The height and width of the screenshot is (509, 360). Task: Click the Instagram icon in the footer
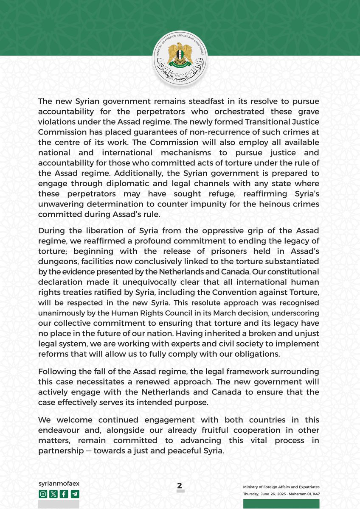click(x=43, y=494)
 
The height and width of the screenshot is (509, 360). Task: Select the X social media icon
click(x=53, y=494)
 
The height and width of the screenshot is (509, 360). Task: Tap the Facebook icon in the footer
click(x=64, y=494)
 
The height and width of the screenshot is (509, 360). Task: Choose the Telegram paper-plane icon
click(x=75, y=494)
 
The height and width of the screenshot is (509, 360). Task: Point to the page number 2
click(x=180, y=486)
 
